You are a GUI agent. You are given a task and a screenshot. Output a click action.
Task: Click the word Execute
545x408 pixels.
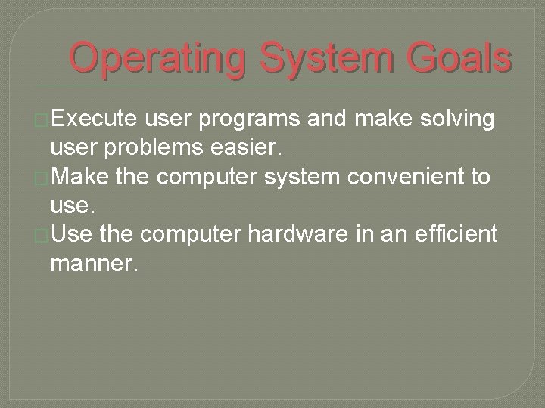click(x=94, y=119)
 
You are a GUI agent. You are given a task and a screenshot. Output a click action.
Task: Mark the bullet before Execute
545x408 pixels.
click(x=43, y=120)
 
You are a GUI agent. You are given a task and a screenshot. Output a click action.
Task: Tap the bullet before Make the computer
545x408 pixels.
click(x=43, y=178)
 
